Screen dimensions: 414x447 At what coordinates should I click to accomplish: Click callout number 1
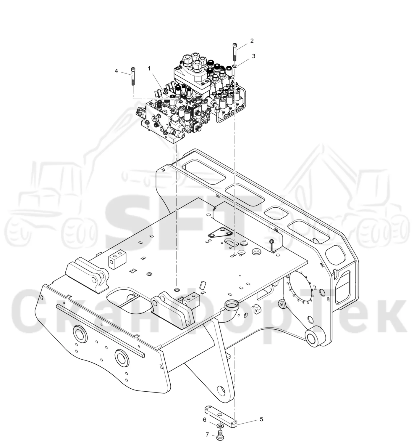[x=149, y=68]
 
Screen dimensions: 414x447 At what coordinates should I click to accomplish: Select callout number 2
[x=252, y=41]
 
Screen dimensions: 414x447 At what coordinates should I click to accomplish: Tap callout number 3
[x=254, y=56]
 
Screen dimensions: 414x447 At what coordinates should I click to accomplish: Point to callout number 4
[x=116, y=71]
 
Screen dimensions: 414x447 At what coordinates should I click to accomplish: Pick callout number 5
[x=261, y=419]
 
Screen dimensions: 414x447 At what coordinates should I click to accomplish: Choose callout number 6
[x=205, y=420]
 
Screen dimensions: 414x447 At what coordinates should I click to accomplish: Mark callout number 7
[x=207, y=435]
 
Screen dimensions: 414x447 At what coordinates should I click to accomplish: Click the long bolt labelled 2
[x=235, y=52]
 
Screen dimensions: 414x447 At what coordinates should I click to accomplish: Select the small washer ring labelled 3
[x=235, y=66]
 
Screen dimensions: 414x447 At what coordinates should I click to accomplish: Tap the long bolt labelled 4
[x=133, y=76]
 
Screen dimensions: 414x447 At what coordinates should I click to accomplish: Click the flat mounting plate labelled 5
[x=221, y=416]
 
